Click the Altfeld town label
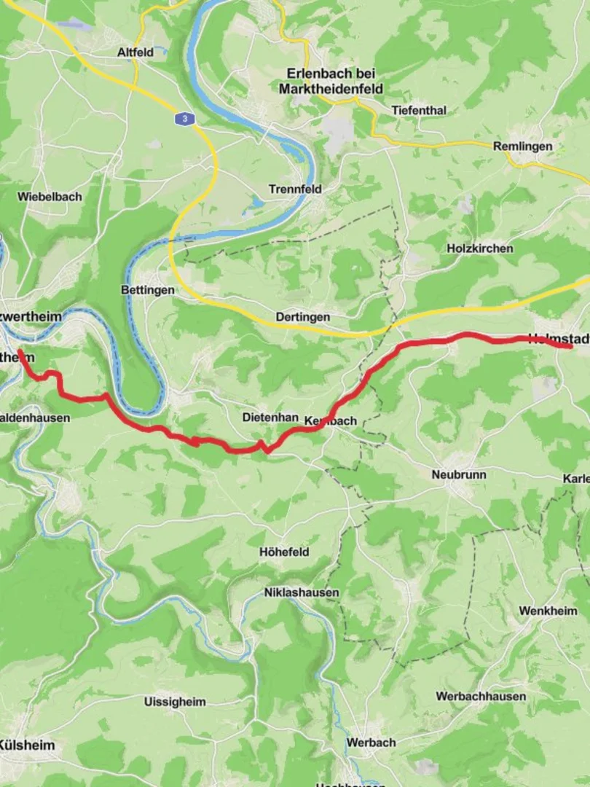pos(135,52)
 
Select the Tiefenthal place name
pos(419,110)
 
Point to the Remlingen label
pos(522,146)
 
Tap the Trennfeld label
pos(295,189)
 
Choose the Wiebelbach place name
pos(50,197)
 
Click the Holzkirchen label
pos(479,248)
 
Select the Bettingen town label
pos(148,290)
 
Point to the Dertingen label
pos(302,317)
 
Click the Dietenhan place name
pos(270,418)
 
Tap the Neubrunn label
pos(459,474)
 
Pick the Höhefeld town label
pos(284,552)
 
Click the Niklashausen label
pos(302,592)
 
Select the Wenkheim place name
pos(548,611)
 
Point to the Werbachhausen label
pos(481,696)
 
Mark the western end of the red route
pos(20,352)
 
